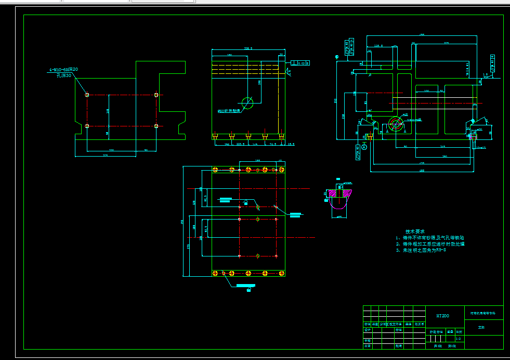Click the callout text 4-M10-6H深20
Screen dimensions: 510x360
point(63,69)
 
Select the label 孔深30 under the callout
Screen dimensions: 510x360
point(64,75)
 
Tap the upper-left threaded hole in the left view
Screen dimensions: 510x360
point(87,95)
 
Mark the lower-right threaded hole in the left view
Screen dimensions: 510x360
point(156,126)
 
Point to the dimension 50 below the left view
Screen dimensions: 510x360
point(146,150)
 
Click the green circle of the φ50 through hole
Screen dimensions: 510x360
point(247,103)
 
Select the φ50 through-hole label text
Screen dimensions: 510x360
point(229,111)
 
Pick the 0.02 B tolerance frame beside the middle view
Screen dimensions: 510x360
point(302,63)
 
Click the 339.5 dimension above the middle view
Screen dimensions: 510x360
point(248,48)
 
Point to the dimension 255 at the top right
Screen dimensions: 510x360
point(446,42)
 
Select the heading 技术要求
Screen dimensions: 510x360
point(415,231)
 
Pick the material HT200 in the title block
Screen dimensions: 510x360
point(443,315)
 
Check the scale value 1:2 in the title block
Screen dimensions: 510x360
point(458,338)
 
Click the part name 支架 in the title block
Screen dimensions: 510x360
point(481,328)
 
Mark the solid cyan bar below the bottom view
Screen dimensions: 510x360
point(245,286)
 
